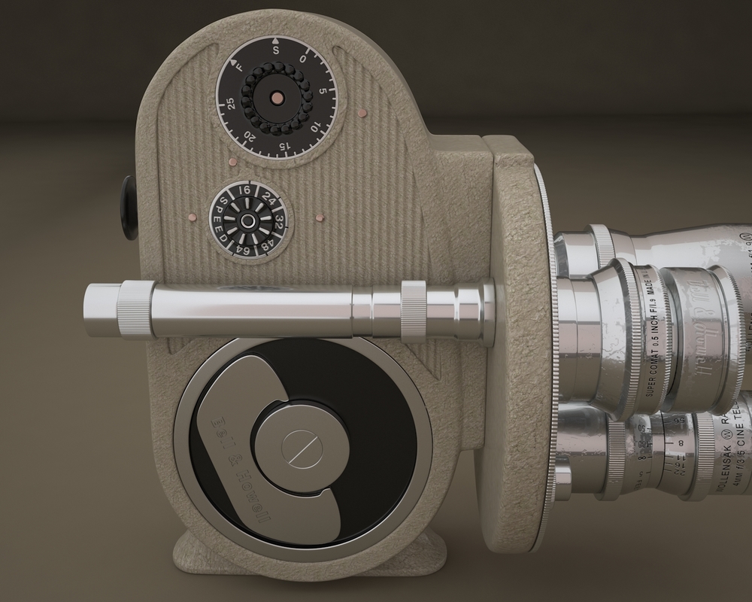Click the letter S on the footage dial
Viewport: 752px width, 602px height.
tap(277, 50)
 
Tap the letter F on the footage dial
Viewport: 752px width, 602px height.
tap(240, 65)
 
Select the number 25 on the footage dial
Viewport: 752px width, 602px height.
tap(229, 105)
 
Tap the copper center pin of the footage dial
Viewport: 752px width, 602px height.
tap(277, 97)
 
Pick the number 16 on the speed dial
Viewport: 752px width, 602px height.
tap(245, 191)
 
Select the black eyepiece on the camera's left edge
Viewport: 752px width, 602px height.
tap(127, 203)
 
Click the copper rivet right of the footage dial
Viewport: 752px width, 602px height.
tap(362, 114)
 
